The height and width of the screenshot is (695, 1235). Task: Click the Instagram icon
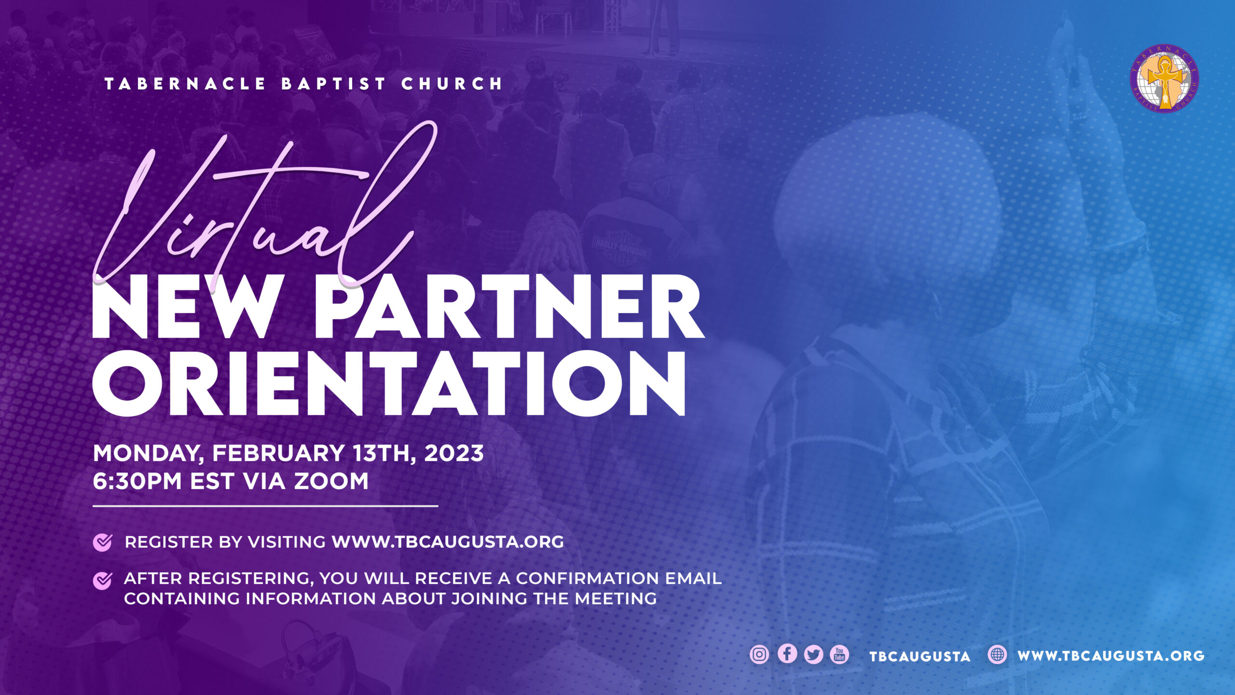(759, 654)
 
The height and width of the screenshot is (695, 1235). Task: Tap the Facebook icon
(787, 654)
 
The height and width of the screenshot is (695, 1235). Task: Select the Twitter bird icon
(813, 654)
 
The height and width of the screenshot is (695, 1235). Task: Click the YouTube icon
(839, 654)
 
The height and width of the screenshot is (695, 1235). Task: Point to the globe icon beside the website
(997, 654)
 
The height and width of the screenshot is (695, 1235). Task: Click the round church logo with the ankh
(1165, 79)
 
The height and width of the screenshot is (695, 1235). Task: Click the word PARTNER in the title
(509, 307)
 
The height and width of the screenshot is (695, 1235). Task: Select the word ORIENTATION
(389, 383)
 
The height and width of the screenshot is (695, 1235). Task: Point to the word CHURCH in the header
(452, 84)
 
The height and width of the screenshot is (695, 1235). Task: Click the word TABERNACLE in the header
(185, 84)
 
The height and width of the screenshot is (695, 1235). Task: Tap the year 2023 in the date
(453, 453)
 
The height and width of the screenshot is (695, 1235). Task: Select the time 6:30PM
(137, 481)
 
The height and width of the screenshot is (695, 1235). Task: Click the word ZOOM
(331, 481)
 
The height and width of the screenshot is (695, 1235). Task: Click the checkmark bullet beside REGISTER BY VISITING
(102, 542)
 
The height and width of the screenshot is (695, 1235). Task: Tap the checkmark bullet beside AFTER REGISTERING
(102, 581)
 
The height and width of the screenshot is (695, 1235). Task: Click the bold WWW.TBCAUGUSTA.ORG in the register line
(448, 542)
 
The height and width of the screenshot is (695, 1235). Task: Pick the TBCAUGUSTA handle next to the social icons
(919, 656)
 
